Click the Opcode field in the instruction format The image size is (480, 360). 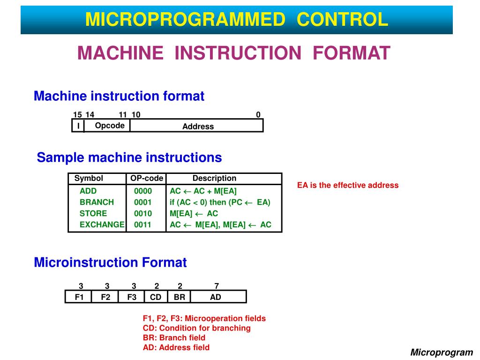pyautogui.click(x=110, y=126)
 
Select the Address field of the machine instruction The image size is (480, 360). pyautogui.click(x=198, y=127)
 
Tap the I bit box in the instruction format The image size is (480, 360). pyautogui.click(x=78, y=126)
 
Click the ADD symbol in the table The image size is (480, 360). pyautogui.click(x=88, y=191)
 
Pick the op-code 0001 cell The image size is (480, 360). pyautogui.click(x=143, y=202)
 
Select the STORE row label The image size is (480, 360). pyautogui.click(x=93, y=214)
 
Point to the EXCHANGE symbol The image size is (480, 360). pyautogui.click(x=102, y=225)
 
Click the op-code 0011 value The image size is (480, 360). pyautogui.click(x=143, y=225)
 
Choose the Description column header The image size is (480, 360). pyautogui.click(x=214, y=179)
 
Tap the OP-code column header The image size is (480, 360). pyautogui.click(x=147, y=179)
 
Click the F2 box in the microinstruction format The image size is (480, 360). pyautogui.click(x=106, y=297)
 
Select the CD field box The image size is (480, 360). pyautogui.click(x=156, y=297)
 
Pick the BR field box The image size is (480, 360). pyautogui.click(x=179, y=297)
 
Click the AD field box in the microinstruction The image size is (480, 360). pyautogui.click(x=216, y=297)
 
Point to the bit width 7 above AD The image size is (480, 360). pyautogui.click(x=217, y=286)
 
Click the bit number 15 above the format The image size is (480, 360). pyautogui.click(x=77, y=115)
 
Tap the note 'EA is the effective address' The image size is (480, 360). pyautogui.click(x=348, y=185)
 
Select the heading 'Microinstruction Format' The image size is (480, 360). pyautogui.click(x=110, y=262)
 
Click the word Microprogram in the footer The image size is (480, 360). pyautogui.click(x=442, y=352)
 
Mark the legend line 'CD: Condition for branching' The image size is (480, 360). pyautogui.click(x=197, y=328)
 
